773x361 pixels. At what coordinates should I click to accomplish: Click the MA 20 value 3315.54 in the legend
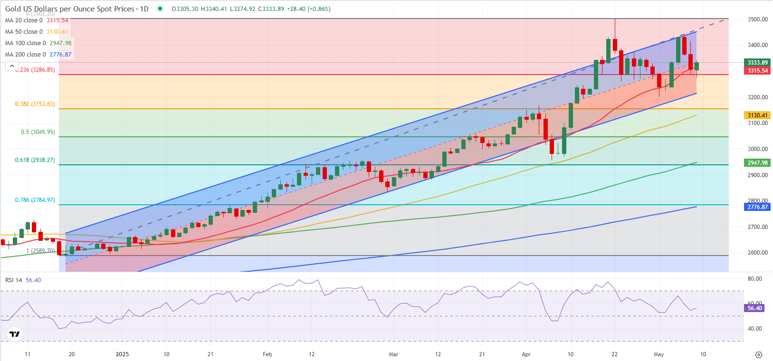coord(57,20)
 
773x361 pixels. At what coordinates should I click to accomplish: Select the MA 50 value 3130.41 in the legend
coord(57,32)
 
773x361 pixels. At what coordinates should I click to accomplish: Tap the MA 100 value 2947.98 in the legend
coord(60,43)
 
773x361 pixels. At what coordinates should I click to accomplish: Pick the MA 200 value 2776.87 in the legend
coord(60,55)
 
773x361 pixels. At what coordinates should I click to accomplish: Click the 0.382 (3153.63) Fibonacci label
coord(35,104)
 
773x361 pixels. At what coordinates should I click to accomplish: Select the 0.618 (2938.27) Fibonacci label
coord(35,160)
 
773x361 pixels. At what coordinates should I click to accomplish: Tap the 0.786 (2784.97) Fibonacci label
coord(35,200)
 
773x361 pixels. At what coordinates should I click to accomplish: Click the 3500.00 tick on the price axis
coord(758,19)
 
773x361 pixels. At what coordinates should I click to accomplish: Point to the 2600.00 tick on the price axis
coord(758,253)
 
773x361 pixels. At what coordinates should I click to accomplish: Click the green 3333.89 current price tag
coord(757,63)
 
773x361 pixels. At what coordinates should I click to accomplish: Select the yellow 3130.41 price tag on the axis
coord(757,115)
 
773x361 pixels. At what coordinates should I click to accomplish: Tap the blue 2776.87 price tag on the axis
coord(757,207)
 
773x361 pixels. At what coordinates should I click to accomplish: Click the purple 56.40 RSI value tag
coord(754,308)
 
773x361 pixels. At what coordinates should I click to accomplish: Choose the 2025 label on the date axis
coord(122,354)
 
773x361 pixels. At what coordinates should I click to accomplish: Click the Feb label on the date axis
coord(267,354)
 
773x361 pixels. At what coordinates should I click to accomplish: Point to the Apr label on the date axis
coord(526,354)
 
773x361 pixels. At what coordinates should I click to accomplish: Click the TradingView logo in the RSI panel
coord(15,334)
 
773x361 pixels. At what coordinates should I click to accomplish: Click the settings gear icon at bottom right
coord(759,355)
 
